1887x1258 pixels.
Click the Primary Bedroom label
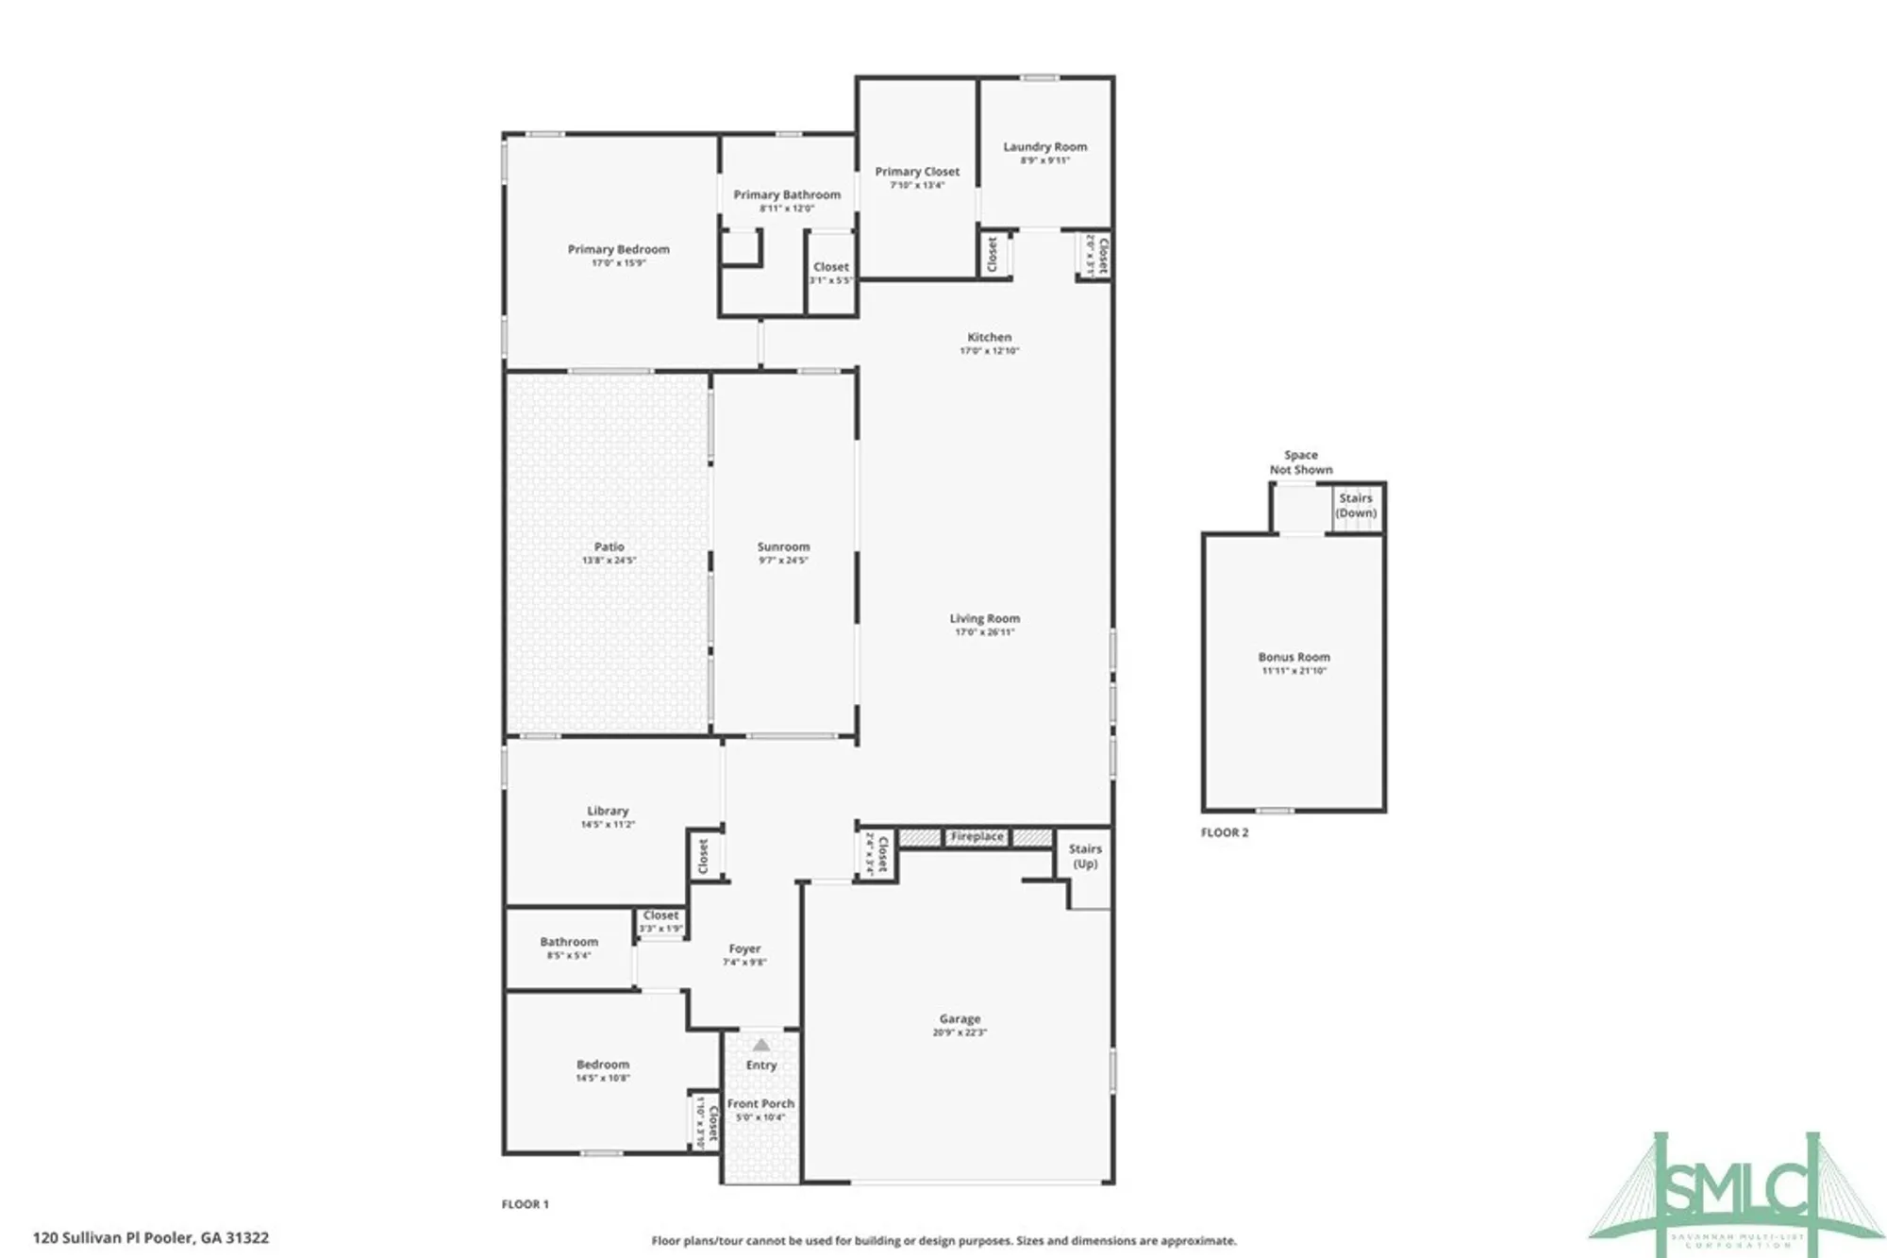click(618, 249)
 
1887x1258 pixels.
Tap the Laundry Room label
click(1044, 146)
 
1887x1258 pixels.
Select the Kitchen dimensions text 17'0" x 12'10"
click(989, 351)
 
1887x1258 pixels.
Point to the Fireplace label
click(977, 837)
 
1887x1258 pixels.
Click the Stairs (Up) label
click(1085, 856)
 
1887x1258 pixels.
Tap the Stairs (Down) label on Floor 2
click(1356, 505)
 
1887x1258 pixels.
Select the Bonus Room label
click(1294, 657)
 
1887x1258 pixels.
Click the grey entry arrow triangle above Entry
click(761, 1045)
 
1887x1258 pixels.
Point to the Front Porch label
click(760, 1103)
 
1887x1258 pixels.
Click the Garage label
click(960, 1018)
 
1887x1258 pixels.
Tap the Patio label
click(609, 546)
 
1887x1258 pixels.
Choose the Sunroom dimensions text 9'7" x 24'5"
click(783, 561)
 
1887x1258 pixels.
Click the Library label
click(607, 811)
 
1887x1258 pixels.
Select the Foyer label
click(744, 948)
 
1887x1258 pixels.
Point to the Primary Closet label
click(916, 171)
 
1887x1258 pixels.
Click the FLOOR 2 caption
click(1224, 832)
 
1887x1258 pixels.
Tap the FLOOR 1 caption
click(525, 1204)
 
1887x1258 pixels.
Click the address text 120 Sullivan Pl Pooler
click(151, 1237)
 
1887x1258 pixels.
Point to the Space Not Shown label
click(1300, 461)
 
